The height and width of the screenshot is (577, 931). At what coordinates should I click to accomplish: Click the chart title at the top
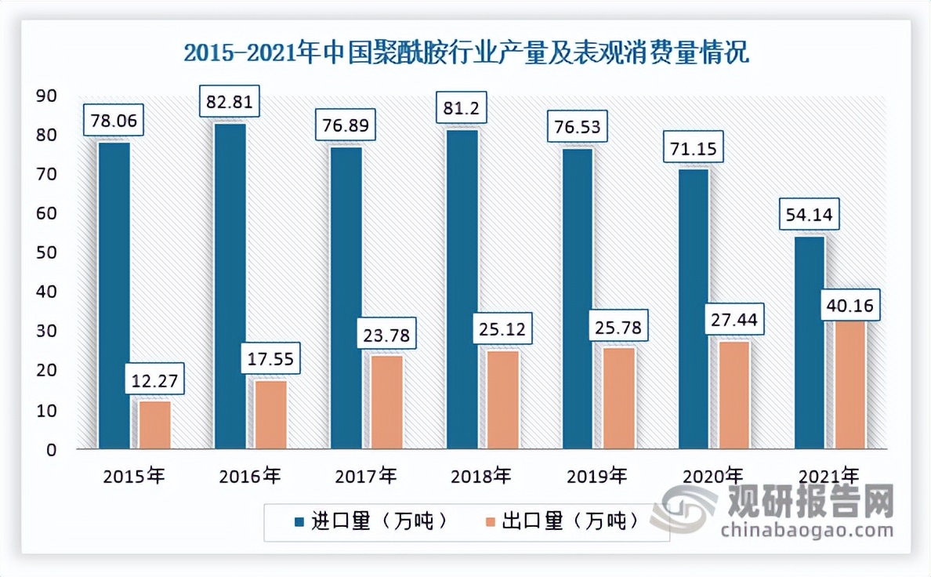465,53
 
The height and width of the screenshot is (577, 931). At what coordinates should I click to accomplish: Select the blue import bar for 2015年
114,295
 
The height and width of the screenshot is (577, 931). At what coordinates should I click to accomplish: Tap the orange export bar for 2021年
850,384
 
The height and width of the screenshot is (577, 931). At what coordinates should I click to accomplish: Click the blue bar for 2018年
462,288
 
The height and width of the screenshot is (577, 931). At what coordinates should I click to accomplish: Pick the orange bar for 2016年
271,414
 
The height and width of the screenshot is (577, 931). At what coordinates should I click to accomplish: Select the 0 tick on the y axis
51,450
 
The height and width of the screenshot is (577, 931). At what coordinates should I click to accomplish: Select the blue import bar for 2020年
694,309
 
